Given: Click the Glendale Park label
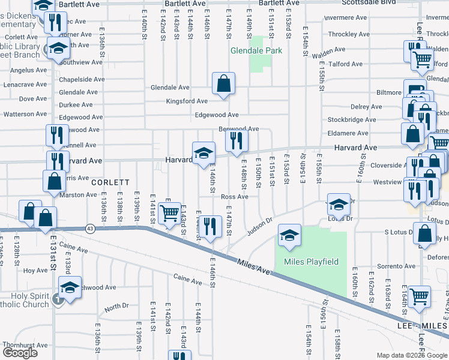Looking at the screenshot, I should click(x=256, y=51).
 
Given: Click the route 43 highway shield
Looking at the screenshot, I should click(x=90, y=228).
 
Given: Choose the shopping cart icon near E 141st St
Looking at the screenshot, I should click(x=170, y=212).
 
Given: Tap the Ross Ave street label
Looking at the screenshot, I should click(x=234, y=197).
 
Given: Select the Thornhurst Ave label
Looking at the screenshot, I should click(x=24, y=346).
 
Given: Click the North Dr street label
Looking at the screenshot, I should click(x=116, y=307).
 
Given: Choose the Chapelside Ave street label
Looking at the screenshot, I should click(x=82, y=79).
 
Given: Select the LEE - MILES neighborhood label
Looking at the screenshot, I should click(x=414, y=325).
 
